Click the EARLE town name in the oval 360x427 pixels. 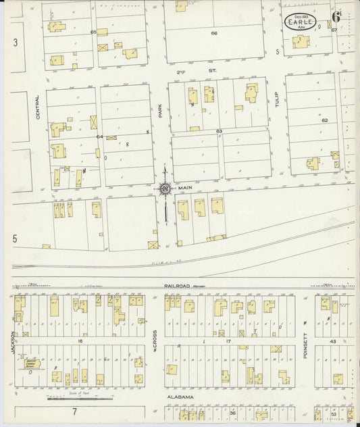point(299,22)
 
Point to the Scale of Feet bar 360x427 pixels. point(70,398)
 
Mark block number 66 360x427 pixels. point(214,32)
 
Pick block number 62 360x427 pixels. point(324,120)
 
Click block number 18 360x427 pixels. point(80,342)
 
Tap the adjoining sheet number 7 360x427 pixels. point(75,411)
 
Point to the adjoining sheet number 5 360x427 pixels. point(14,238)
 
